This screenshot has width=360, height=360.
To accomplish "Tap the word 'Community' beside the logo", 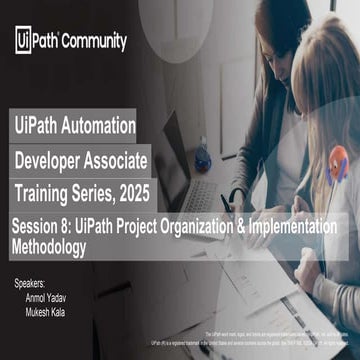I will point(95,42).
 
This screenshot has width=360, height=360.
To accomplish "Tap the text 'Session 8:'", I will point(46,226).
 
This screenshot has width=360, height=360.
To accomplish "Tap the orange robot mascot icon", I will point(339,160).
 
